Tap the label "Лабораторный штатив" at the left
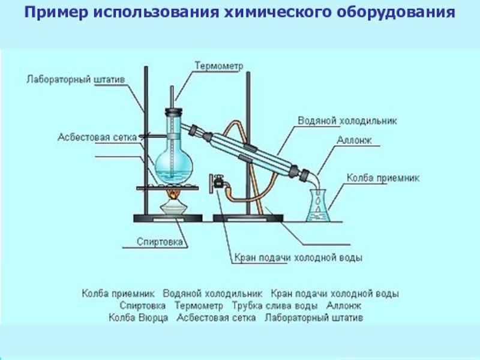point(67,79)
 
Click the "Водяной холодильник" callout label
point(347,121)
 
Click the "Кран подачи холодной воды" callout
point(298,258)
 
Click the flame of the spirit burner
point(174,194)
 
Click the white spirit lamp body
point(174,208)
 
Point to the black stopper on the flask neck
point(174,111)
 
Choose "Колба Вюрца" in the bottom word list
point(139,317)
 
